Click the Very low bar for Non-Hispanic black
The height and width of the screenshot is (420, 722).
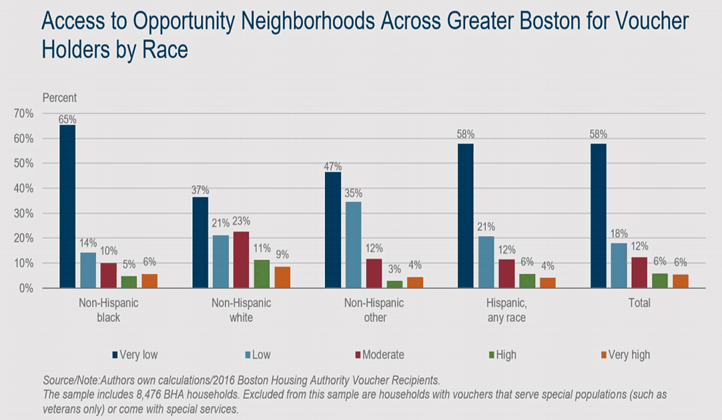click(67, 207)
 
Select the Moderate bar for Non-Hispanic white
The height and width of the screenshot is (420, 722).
click(241, 260)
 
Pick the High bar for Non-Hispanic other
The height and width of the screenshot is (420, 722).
click(395, 284)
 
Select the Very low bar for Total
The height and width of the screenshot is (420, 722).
click(599, 216)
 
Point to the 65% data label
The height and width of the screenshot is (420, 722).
click(67, 119)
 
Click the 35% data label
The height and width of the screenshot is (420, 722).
click(354, 194)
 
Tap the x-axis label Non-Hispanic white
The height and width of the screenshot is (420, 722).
click(241, 310)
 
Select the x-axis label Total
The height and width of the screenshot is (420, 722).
click(639, 303)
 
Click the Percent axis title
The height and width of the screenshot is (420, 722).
click(59, 98)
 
